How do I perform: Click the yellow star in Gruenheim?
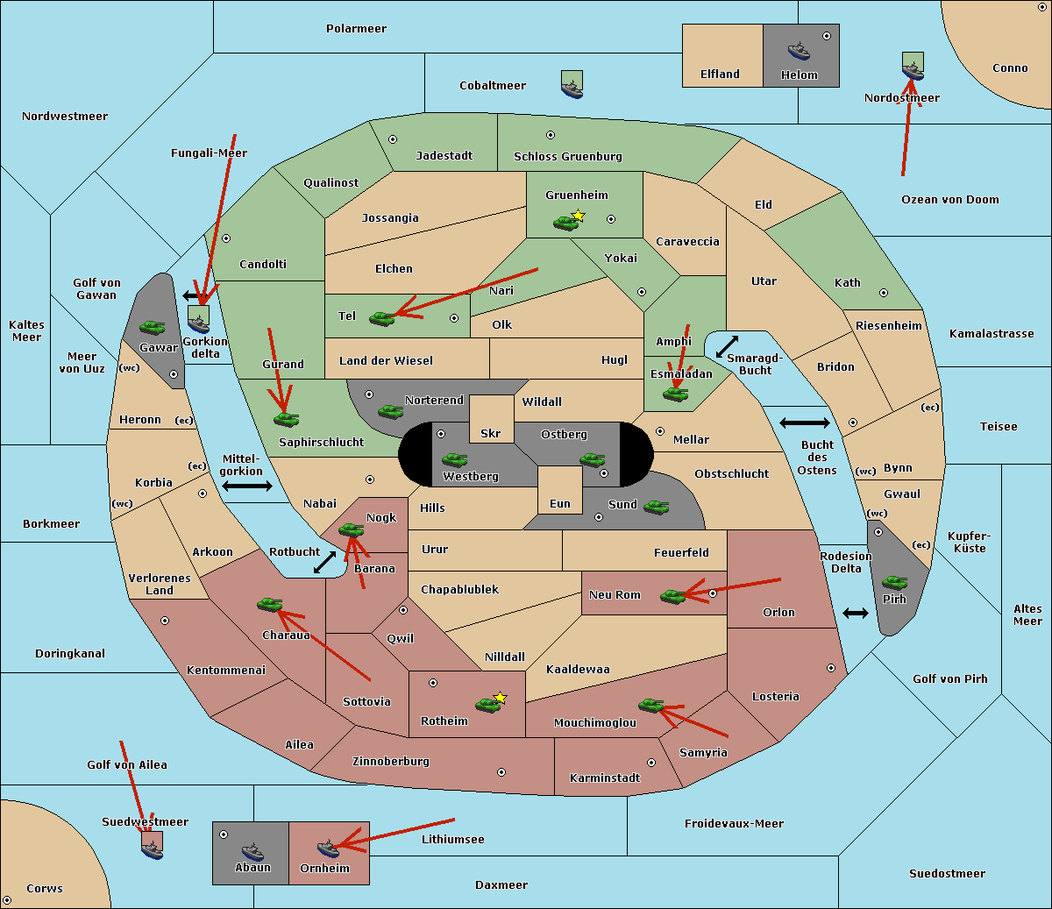[578, 216]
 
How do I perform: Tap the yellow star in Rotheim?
[500, 698]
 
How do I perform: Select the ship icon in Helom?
[799, 51]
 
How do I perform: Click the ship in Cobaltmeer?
[572, 86]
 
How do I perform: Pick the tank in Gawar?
[153, 327]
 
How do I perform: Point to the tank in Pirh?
[895, 582]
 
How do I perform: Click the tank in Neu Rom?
[673, 596]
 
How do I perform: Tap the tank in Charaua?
[269, 604]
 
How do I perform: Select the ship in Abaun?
[252, 851]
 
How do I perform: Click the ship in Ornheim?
[328, 848]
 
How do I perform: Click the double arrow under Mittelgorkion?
[247, 486]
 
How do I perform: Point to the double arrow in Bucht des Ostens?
[804, 423]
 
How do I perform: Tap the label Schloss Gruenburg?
[567, 157]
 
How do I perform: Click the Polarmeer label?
[356, 29]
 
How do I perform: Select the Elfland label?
[720, 75]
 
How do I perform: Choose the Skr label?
[490, 433]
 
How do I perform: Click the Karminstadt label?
[605, 778]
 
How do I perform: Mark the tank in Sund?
[656, 507]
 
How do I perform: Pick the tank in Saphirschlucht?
[286, 420]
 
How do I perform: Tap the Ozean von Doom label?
[950, 200]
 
